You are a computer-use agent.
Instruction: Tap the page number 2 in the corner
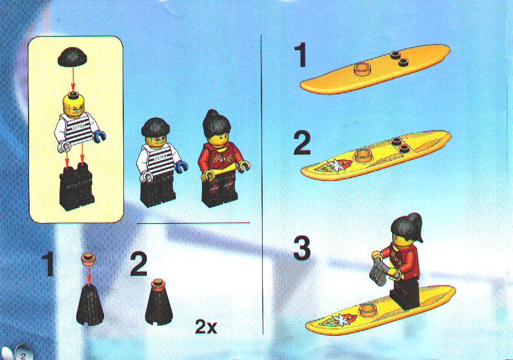pos(23,356)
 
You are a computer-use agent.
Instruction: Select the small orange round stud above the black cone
pos(89,259)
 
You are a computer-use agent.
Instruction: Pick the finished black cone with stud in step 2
pos(159,302)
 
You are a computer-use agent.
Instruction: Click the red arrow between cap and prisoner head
pos(72,80)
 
